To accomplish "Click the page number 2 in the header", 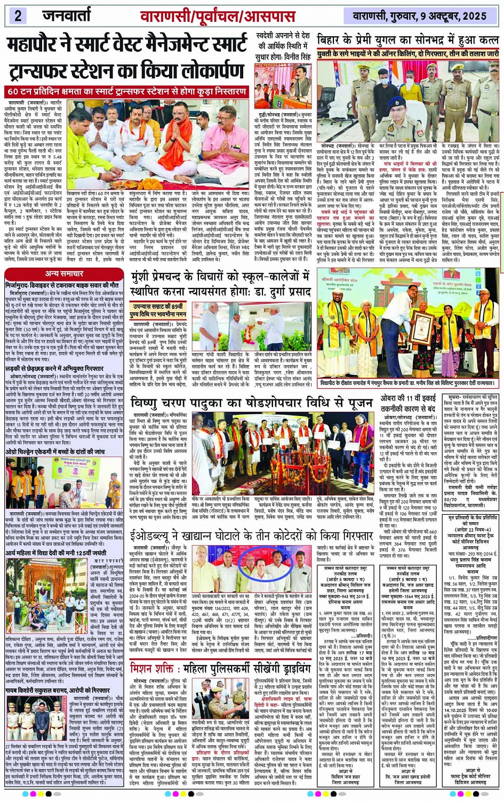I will click(x=18, y=15).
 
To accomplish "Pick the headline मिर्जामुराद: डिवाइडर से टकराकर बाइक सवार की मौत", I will click(x=66, y=285).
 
